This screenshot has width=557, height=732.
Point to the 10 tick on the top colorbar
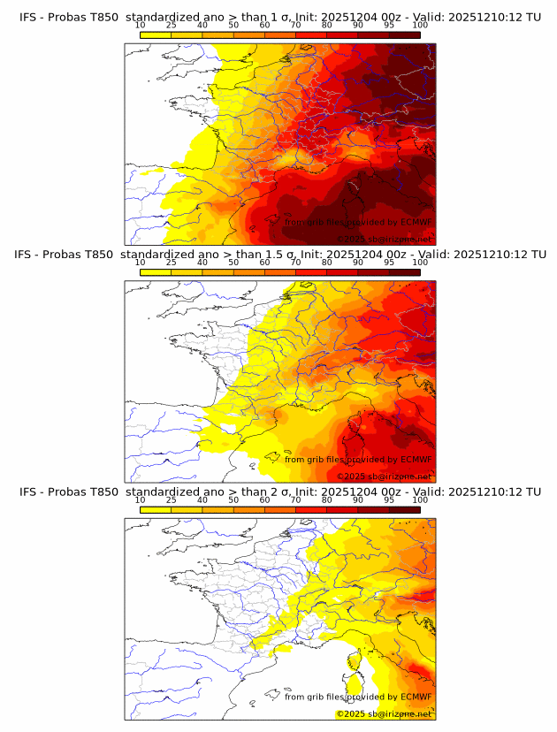[141, 26]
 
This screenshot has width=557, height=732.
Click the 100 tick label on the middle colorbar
[420, 263]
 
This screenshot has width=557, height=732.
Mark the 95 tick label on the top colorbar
[389, 26]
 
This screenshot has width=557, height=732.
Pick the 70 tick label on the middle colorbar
[295, 263]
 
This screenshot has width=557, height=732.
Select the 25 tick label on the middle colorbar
[171, 263]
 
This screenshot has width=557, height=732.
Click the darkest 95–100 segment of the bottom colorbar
[404, 509]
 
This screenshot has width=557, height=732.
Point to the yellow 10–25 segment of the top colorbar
[156, 34]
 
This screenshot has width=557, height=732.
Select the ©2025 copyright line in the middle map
[385, 477]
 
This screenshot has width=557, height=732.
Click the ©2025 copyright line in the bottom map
[385, 713]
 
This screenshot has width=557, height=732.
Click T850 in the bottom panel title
[102, 492]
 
